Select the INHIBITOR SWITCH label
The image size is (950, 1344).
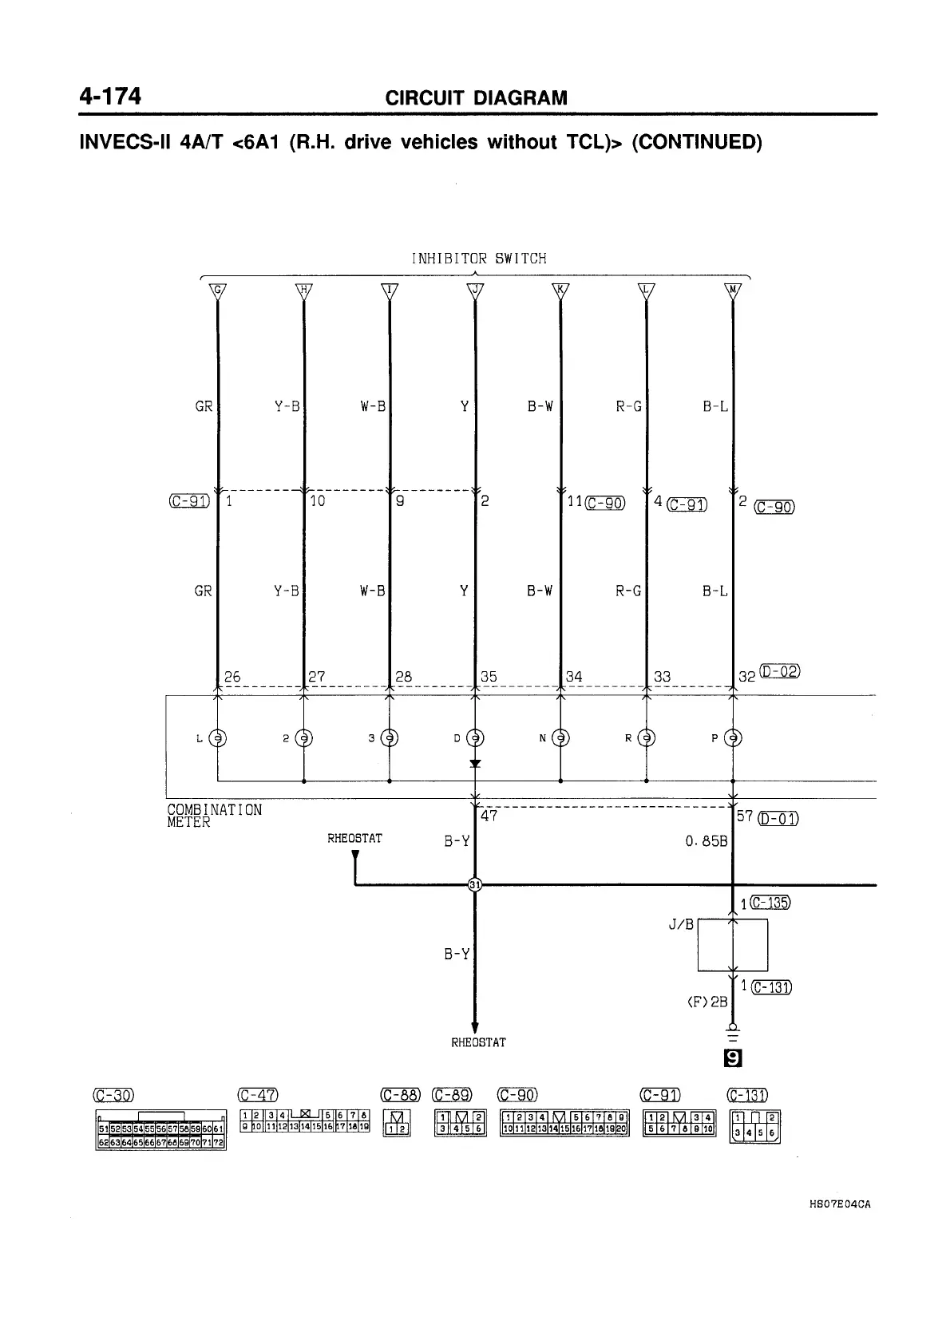pos(478,259)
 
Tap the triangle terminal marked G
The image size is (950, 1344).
pos(217,291)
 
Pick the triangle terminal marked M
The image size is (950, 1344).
pos(732,291)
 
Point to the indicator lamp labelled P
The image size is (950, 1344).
pos(732,738)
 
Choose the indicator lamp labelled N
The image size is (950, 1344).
pos(560,738)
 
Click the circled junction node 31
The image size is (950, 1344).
pos(475,884)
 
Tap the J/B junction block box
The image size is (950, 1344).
pos(732,945)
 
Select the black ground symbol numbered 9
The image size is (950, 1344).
pos(731,1059)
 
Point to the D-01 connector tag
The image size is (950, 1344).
pos(778,818)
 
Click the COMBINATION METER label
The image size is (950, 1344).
pos(214,816)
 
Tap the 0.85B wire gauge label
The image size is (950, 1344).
pos(707,841)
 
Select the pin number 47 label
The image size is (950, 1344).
pos(489,816)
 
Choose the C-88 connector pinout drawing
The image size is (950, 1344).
pos(397,1123)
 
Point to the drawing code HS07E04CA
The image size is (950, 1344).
pos(837,1205)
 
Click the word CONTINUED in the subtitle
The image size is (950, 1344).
pos(696,143)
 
